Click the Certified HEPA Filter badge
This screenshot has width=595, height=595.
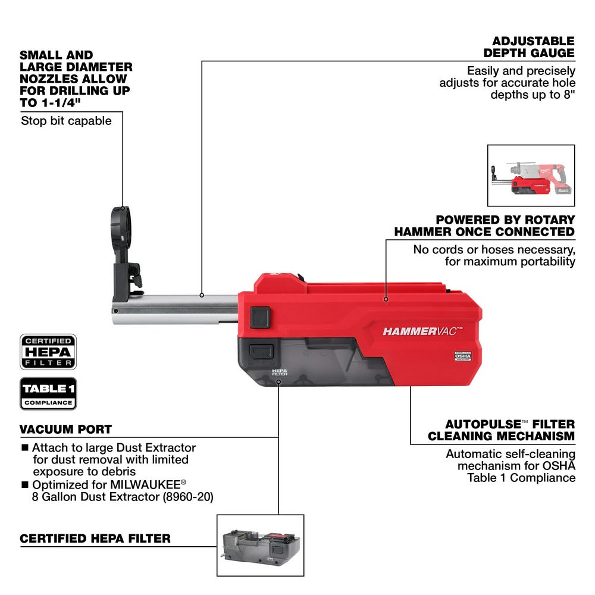pos(48,352)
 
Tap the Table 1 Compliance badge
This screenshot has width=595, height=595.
pos(48,393)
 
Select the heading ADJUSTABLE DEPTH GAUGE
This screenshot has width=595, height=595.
pos(533,47)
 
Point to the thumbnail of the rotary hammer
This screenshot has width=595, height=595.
pos(531,175)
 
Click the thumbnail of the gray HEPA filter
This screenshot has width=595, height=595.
pos(260,546)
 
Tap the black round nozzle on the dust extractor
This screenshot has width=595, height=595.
pos(121,227)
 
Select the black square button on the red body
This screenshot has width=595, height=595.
pos(260,317)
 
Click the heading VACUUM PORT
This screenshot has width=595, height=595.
pos(65,430)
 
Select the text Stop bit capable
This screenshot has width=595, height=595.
pos(66,121)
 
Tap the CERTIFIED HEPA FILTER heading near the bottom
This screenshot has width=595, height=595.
pos(95,538)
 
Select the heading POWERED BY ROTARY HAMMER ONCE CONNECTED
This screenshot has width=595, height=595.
pos(484,226)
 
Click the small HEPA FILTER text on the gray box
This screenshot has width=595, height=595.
pos(279,372)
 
